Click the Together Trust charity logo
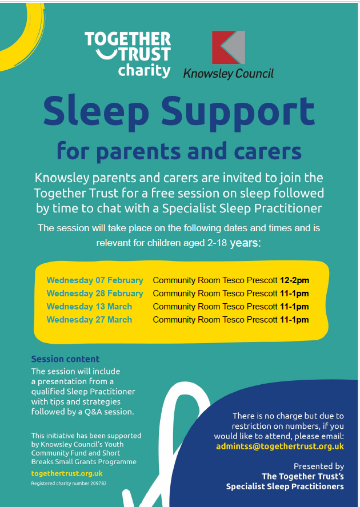127,55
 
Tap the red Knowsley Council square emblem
228,47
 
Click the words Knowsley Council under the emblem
228,73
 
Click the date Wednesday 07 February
95,280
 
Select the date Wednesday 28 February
95,293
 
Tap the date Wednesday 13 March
89,307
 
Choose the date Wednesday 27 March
89,320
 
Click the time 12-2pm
294,280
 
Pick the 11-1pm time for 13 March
294,307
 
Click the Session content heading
65,359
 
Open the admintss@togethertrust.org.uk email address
280,446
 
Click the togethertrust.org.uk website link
67,473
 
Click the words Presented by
318,466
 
